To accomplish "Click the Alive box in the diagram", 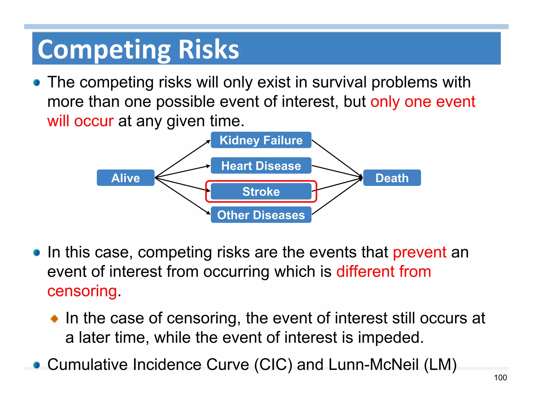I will coord(125,178).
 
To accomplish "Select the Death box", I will coord(392,178).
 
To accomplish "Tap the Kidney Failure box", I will coord(261,140).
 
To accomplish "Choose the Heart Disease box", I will coord(261,166).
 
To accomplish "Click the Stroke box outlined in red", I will coord(261,191).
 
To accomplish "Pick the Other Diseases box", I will coord(261,215).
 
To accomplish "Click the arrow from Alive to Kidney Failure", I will coord(182,159).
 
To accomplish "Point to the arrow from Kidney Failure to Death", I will coord(337,159).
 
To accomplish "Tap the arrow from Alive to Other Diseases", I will coord(182,196).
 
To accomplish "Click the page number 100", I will coord(500,378).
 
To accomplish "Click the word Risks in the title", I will coord(209,49).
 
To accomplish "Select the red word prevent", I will coord(420,252).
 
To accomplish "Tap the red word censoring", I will coord(82,291).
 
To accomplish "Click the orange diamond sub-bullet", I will coord(54,318).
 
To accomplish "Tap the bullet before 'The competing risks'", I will coord(37,83).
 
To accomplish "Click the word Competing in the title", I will coord(104,49).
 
